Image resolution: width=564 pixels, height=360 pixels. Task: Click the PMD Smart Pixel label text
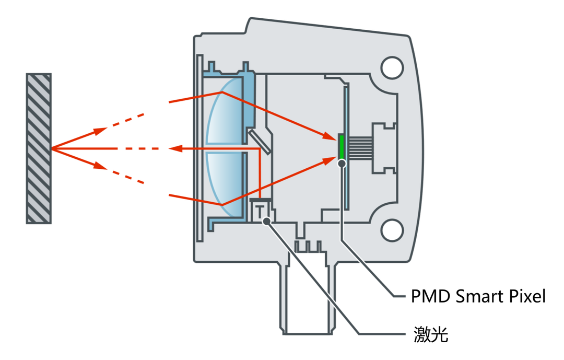[x=478, y=297]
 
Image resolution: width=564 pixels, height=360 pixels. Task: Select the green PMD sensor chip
[x=342, y=147]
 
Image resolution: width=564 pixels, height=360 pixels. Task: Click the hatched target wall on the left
[x=39, y=148]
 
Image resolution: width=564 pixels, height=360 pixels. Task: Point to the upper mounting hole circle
[x=392, y=68]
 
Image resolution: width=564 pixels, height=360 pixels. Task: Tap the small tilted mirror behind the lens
[x=260, y=142]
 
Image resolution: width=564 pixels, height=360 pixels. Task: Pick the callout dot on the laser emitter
[x=267, y=221]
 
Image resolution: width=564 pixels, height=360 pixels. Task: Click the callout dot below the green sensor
[x=342, y=163]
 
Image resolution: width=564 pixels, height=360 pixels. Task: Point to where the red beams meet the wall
[x=52, y=149]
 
